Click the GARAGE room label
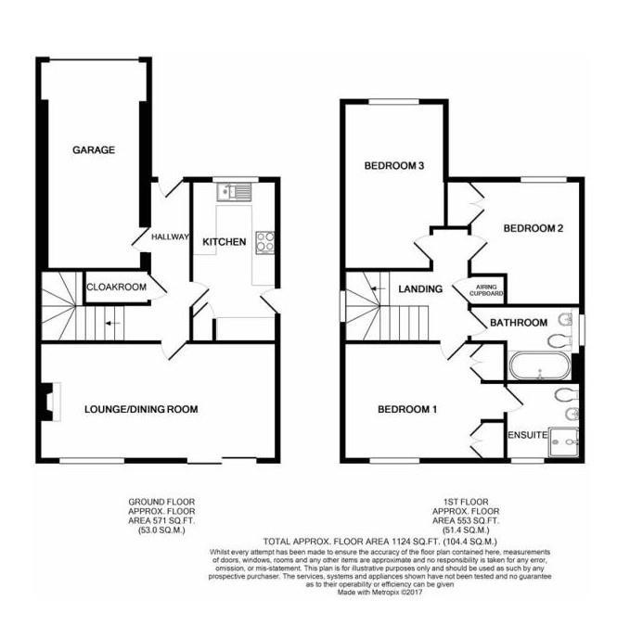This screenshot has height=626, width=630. point(94,149)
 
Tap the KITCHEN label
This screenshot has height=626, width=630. point(225,242)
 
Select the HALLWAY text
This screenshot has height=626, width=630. point(170,236)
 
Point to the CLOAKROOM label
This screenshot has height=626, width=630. point(117,287)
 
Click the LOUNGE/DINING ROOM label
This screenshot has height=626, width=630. point(140,409)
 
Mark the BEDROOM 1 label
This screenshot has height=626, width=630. point(407,409)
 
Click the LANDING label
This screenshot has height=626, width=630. point(420,289)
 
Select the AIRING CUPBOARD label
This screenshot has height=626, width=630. point(489,290)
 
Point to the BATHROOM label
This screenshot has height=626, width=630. point(520,323)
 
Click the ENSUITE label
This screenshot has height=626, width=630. point(524,434)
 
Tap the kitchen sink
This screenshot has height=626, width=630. point(230,193)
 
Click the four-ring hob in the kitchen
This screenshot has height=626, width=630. point(264,242)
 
